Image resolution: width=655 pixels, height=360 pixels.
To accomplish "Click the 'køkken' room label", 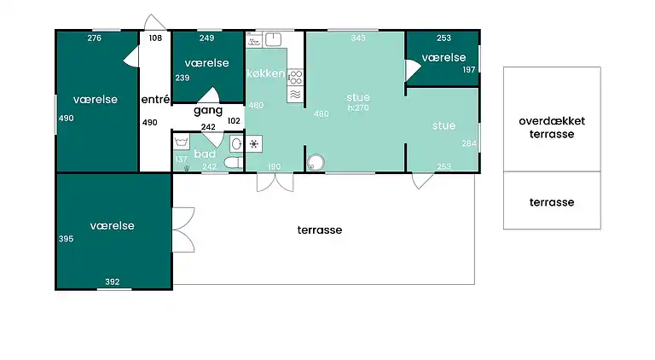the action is click(x=266, y=73).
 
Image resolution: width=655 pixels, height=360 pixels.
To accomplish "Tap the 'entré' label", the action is click(x=155, y=100).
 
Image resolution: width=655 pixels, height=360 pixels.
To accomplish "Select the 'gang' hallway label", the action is click(x=208, y=111).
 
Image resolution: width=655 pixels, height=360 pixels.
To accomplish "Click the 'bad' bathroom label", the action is click(x=205, y=154).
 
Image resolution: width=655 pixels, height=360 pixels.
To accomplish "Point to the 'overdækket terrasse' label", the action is click(x=552, y=127).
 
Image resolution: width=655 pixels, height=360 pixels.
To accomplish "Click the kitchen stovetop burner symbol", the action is click(x=296, y=78).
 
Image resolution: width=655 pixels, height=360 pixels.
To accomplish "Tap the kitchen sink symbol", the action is click(x=273, y=40).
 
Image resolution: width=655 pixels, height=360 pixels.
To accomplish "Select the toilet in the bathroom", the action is click(x=233, y=162).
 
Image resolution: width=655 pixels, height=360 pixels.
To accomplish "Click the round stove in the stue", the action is click(x=316, y=162).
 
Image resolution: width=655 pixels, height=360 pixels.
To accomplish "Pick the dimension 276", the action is click(x=95, y=38).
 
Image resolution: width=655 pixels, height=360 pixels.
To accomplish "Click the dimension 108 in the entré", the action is click(x=155, y=38).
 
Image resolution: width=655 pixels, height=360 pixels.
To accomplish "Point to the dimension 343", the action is click(x=358, y=38).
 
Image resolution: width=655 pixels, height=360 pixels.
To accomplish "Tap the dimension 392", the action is click(x=113, y=282).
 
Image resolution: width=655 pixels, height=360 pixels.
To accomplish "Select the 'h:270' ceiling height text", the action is click(x=358, y=107).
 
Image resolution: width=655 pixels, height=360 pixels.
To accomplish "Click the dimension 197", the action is click(x=469, y=70).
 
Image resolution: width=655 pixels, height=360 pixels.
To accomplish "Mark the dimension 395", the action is click(x=66, y=239).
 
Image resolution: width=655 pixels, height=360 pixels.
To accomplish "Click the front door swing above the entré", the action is click(x=154, y=22).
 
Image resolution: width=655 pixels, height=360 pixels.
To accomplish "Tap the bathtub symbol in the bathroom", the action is click(x=182, y=142).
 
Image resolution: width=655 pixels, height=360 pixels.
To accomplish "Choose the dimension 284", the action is click(x=469, y=143).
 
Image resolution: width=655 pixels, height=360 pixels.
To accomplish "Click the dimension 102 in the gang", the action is click(x=234, y=120).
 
